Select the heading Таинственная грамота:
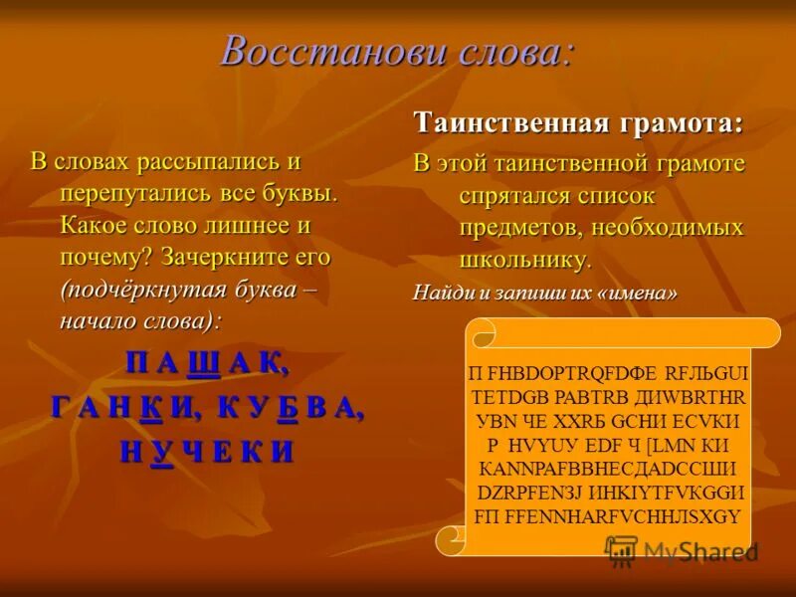click(x=578, y=123)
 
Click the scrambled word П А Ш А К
click(x=208, y=364)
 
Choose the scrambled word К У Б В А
click(x=291, y=408)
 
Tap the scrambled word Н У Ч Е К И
click(x=207, y=452)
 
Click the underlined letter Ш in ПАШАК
click(x=203, y=364)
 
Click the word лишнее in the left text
click(x=251, y=225)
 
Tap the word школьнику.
click(x=525, y=261)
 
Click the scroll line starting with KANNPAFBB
click(x=607, y=468)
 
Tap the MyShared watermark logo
click(x=682, y=550)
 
